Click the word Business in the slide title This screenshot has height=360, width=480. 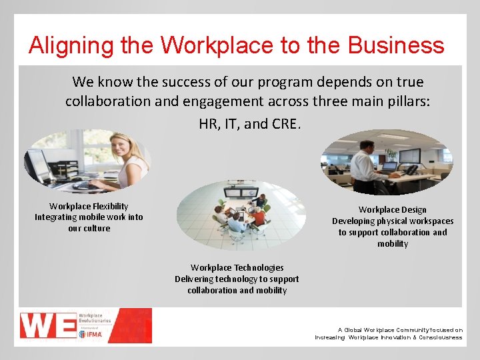point(399,45)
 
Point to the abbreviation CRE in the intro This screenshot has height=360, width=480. point(286,123)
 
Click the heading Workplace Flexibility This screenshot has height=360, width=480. point(89,206)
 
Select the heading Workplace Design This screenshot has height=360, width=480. point(392,209)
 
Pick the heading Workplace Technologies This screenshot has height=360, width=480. point(237,267)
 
